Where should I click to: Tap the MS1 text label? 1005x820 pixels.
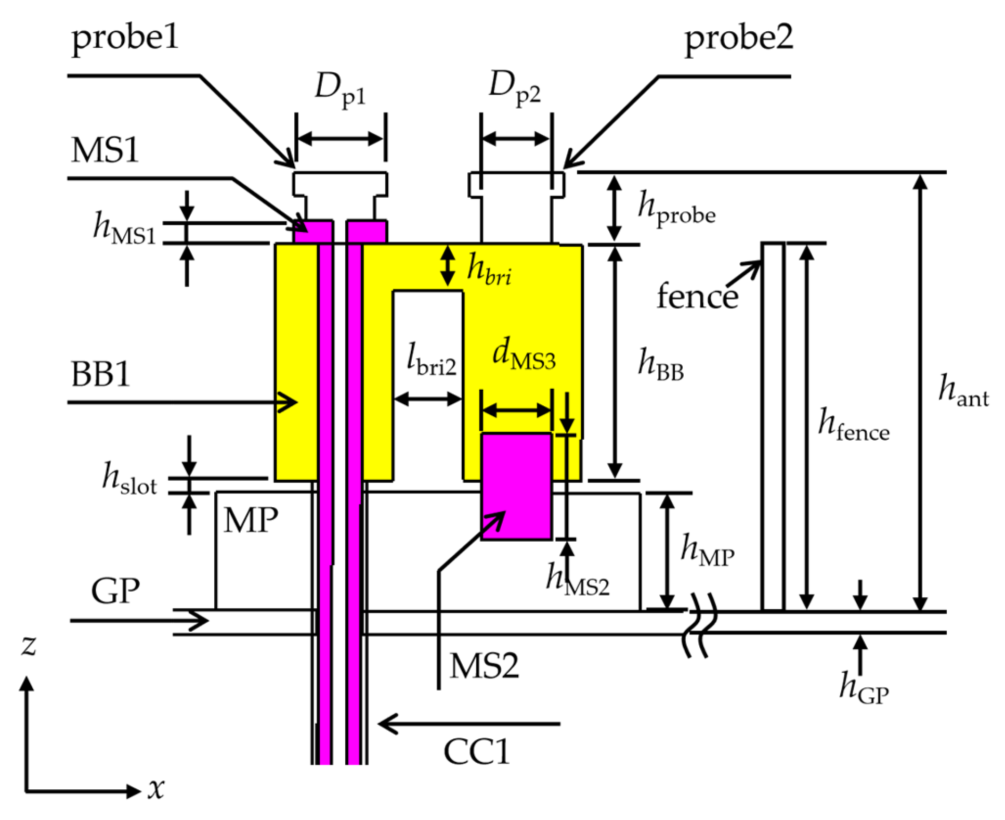pyautogui.click(x=105, y=150)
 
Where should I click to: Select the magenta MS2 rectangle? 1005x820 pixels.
pyautogui.click(x=516, y=486)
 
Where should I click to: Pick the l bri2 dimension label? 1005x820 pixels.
pyautogui.click(x=431, y=360)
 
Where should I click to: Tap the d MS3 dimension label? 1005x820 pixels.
pyautogui.click(x=523, y=355)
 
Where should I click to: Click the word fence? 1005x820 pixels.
pyautogui.click(x=696, y=296)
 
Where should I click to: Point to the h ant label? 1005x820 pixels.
pyautogui.click(x=962, y=391)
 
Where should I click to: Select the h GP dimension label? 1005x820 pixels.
pyautogui.click(x=863, y=688)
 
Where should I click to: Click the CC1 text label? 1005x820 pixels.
pyautogui.click(x=476, y=751)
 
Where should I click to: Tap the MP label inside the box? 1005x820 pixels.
pyautogui.click(x=251, y=520)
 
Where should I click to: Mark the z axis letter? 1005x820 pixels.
pyautogui.click(x=29, y=645)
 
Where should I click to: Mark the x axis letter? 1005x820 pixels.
pyautogui.click(x=155, y=788)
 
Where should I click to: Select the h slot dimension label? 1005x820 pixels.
pyautogui.click(x=129, y=479)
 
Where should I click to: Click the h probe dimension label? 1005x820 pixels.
pyautogui.click(x=676, y=208)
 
